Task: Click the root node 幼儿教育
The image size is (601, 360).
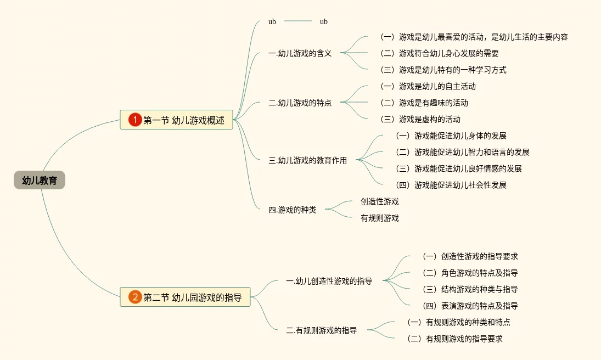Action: point(40,180)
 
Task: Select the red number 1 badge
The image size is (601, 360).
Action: point(135,120)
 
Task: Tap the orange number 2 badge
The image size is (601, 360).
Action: point(135,297)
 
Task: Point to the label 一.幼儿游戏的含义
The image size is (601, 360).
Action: point(300,53)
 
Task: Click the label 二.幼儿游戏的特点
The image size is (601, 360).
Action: point(300,103)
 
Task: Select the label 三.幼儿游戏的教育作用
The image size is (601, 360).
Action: point(307,161)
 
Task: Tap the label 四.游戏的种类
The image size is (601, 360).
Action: point(292,210)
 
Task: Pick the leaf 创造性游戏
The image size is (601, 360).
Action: point(379,201)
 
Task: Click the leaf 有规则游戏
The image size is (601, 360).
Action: point(379,218)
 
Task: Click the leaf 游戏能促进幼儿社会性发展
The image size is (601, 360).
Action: point(451,185)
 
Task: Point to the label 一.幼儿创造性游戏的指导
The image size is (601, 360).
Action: point(329,281)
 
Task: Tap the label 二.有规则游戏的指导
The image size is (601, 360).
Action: point(321,330)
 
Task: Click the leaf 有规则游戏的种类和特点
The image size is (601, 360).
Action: point(458,322)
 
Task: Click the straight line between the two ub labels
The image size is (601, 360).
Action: point(298,21)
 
